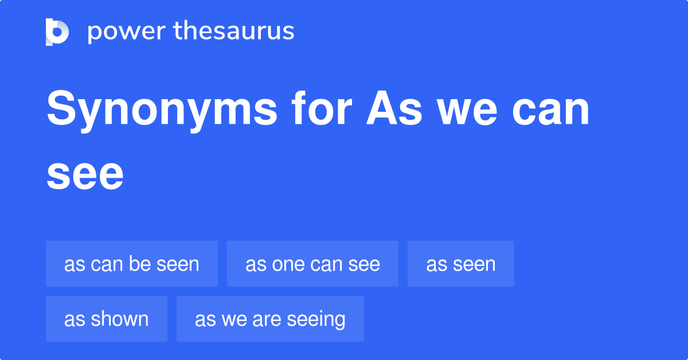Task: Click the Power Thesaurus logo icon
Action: coord(57,32)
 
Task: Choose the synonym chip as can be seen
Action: coord(132,264)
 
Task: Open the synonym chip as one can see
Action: coord(312,264)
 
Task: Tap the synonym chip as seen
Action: coord(461,264)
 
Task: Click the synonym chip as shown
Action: coord(107,319)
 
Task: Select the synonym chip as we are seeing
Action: coord(270,319)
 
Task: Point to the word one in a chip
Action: coord(285,264)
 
